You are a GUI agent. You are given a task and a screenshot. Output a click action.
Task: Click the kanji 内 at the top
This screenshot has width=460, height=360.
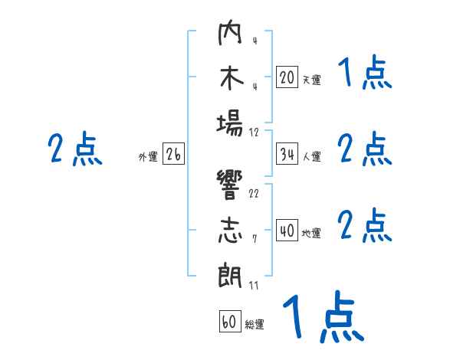(230, 32)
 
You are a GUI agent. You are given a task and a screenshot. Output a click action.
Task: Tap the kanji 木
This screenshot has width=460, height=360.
(232, 77)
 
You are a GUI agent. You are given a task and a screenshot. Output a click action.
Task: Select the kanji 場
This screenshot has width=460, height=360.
(230, 125)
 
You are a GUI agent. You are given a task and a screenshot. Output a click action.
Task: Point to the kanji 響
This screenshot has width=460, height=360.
(230, 185)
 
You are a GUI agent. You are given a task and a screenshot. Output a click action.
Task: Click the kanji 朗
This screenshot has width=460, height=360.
(230, 276)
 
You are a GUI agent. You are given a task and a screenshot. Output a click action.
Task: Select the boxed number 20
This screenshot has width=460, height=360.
(287, 77)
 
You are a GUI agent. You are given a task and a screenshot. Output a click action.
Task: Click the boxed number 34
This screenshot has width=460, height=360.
(287, 154)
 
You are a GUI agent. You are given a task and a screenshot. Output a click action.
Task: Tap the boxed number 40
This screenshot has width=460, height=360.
(287, 230)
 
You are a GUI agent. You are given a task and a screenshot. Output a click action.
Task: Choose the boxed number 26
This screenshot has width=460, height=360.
(173, 154)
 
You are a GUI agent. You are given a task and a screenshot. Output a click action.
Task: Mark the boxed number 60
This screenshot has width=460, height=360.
(230, 321)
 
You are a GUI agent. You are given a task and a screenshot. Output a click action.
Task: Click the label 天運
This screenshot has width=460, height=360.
(311, 80)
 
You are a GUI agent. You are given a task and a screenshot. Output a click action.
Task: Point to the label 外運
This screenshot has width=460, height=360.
(148, 156)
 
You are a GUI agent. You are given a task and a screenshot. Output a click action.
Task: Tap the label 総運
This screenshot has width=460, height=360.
(255, 324)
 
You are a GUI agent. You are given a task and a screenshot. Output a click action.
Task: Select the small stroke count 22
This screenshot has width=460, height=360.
(254, 194)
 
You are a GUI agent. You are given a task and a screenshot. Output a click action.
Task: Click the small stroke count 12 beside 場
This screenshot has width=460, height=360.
(254, 133)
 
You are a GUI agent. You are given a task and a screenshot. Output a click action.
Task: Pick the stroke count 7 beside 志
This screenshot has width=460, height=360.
(255, 239)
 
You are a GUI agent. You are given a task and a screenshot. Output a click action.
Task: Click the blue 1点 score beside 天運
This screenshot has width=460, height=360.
(365, 73)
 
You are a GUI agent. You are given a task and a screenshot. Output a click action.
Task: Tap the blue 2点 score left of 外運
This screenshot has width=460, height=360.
(75, 149)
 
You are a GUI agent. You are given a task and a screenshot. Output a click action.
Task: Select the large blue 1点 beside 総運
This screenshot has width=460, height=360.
(324, 316)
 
